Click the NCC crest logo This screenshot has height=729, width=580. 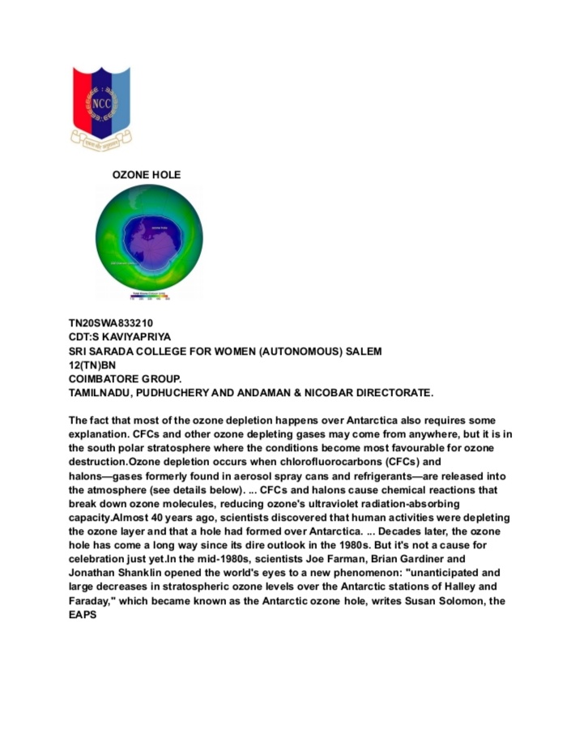point(101,106)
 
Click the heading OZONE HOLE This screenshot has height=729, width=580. point(147,175)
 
